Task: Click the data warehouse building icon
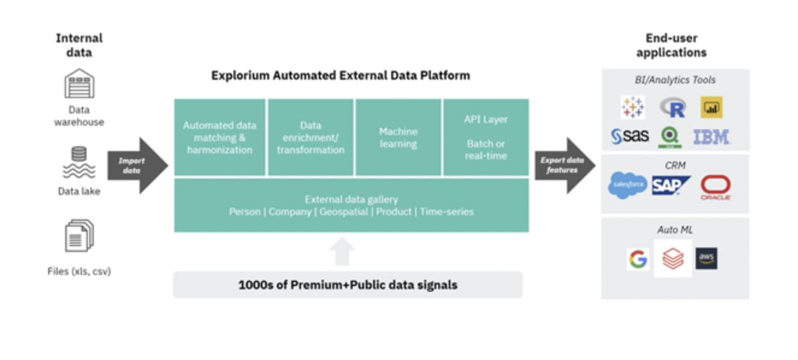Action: coord(79,84)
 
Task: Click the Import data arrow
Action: coord(137,166)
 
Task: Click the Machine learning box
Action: coord(398,137)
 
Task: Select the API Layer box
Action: coord(486,137)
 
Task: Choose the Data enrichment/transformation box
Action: coord(311,137)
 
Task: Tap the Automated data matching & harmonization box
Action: coord(220,137)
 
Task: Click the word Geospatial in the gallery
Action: coord(343,212)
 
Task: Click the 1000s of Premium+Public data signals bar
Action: coord(348,285)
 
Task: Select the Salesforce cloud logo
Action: coord(627,185)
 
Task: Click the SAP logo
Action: coord(670,185)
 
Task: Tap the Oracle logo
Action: coord(715,187)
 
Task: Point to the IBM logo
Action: coord(711,137)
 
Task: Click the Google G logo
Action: coord(637,259)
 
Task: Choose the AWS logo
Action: coord(706,258)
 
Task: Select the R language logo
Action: coord(673,108)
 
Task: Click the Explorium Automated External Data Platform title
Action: coord(340,76)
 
